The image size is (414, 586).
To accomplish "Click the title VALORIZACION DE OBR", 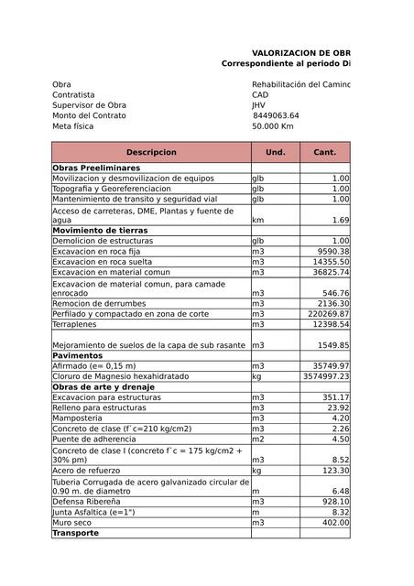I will (300, 53).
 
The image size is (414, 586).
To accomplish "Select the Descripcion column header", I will (151, 152).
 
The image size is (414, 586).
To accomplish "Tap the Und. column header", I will (275, 152).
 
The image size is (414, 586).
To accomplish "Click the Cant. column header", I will (325, 152).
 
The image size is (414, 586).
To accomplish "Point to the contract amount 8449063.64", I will (276, 115).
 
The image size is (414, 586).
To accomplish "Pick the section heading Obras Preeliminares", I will (96, 168).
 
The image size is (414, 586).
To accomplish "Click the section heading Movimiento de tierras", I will (101, 231).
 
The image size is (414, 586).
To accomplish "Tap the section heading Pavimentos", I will (78, 355).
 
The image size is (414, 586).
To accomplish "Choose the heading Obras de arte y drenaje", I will (105, 386).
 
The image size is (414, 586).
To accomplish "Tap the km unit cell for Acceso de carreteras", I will (258, 220).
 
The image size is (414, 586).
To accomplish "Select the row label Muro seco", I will (72, 522).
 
